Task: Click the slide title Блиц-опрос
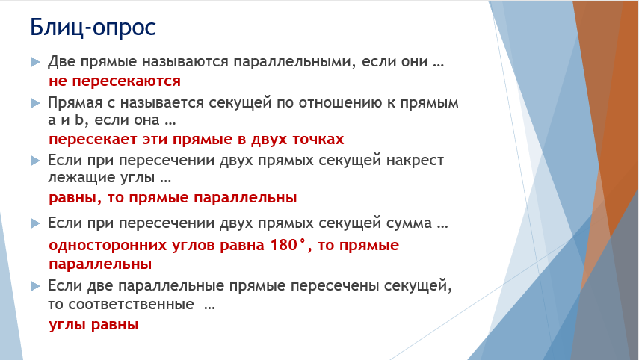(x=93, y=28)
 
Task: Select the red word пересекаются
(x=126, y=81)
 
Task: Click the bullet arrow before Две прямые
(x=35, y=62)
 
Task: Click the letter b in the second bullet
(x=79, y=120)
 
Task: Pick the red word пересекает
(x=93, y=140)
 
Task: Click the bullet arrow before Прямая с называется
(x=35, y=103)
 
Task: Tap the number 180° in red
(x=288, y=245)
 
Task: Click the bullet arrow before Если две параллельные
(x=35, y=286)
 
